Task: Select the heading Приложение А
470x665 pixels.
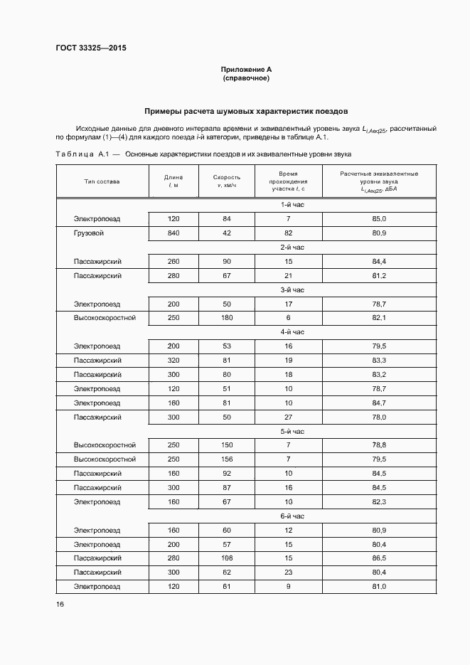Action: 246,69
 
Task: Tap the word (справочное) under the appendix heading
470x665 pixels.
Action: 246,78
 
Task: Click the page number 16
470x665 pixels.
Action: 60,605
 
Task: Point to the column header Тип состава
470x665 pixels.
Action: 102,181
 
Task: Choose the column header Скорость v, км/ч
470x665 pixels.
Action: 227,181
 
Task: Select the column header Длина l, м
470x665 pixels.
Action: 173,181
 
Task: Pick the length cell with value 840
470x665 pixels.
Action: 173,233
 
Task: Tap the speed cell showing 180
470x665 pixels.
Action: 227,317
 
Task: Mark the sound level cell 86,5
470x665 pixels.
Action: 378,558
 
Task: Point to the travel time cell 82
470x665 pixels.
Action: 289,233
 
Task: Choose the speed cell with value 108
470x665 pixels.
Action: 227,558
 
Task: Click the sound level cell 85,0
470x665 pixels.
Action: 378,218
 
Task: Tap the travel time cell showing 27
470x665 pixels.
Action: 289,417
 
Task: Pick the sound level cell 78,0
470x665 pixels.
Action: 378,417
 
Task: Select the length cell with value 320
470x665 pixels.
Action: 173,360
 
